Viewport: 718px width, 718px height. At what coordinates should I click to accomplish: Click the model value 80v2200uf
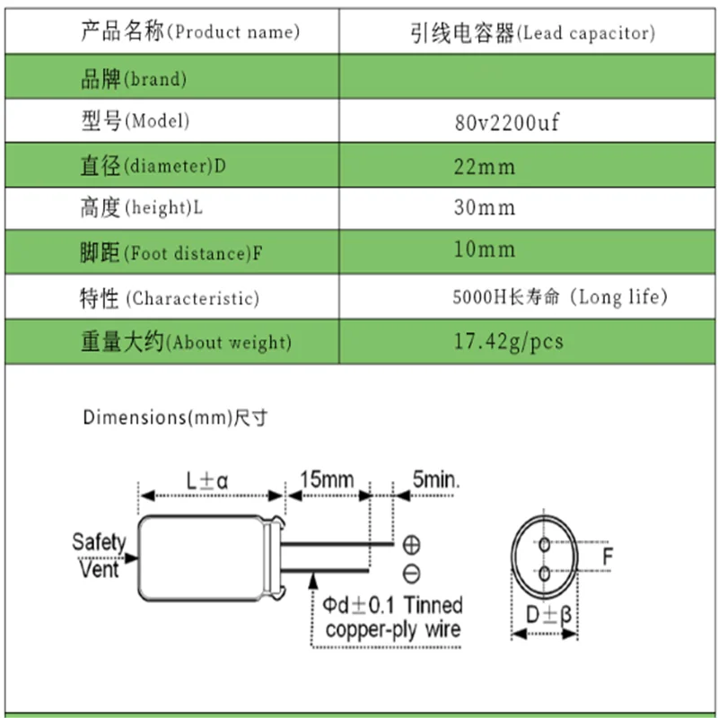pyautogui.click(x=507, y=122)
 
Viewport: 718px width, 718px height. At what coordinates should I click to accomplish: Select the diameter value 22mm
pyautogui.click(x=486, y=166)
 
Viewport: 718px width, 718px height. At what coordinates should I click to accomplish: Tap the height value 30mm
pyautogui.click(x=486, y=208)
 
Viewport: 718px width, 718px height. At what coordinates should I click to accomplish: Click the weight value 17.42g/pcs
pyautogui.click(x=509, y=342)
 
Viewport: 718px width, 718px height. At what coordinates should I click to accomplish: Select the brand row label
pyautogui.click(x=134, y=78)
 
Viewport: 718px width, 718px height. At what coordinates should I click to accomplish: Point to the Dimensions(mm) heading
pyautogui.click(x=176, y=417)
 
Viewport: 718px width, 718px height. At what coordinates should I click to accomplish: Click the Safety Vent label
pyautogui.click(x=99, y=555)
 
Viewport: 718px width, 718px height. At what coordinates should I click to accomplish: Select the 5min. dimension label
pyautogui.click(x=435, y=479)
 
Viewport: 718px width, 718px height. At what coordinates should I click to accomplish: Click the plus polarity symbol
pyautogui.click(x=412, y=544)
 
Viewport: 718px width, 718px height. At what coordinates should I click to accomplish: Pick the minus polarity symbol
pyautogui.click(x=412, y=573)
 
